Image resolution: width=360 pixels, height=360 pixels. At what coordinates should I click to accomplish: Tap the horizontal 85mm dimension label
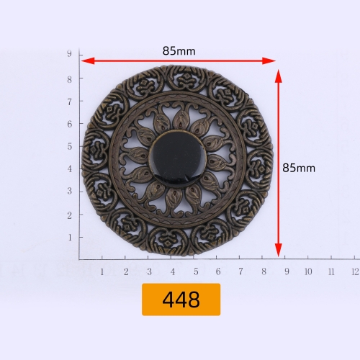(179, 51)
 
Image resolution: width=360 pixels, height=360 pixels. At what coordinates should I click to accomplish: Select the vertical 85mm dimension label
(299, 168)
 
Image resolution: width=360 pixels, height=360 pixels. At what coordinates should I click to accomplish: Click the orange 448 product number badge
(181, 300)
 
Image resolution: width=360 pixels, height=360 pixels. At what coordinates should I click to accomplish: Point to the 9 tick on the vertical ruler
(70, 54)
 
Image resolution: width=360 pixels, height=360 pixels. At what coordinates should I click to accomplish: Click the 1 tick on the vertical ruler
(70, 237)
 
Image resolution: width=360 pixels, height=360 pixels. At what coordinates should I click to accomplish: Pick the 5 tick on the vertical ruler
(70, 146)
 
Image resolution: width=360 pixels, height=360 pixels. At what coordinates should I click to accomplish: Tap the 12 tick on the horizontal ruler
(354, 271)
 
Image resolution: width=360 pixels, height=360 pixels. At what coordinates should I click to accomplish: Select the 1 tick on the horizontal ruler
(102, 271)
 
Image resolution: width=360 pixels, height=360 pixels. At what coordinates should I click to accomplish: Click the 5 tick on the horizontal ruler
(194, 271)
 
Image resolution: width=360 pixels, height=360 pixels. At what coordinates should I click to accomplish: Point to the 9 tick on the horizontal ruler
(287, 271)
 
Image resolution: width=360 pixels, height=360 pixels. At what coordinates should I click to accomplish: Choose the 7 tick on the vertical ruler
(70, 101)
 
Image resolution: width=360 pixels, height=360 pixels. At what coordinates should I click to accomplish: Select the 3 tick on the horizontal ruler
(148, 271)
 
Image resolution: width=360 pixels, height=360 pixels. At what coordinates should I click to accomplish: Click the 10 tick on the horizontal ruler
(308, 271)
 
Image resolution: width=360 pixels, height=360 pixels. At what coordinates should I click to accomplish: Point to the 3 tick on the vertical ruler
(70, 192)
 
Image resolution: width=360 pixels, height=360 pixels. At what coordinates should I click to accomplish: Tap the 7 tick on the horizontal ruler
(240, 271)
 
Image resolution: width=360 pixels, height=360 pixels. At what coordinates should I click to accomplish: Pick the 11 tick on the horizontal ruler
(331, 271)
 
